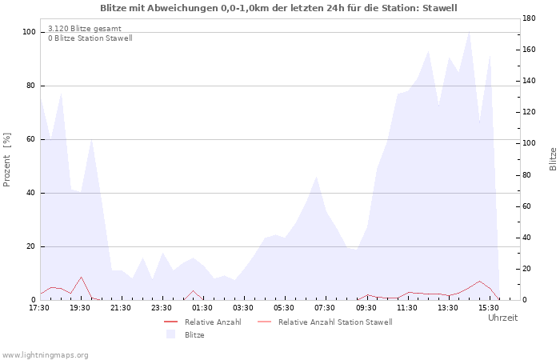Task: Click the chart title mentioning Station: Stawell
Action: coord(278,8)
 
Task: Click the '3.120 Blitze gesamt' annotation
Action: coord(85,29)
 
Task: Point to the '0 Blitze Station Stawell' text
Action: coord(90,38)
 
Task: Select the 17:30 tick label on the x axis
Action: coord(39,308)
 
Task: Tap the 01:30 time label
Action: coord(202,308)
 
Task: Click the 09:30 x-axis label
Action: coord(366,308)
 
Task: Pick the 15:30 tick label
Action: coord(489,308)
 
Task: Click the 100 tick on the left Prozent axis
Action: coord(30,32)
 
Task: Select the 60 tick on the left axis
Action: coord(31,139)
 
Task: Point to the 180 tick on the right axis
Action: coord(530,18)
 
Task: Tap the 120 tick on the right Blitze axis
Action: coord(530,112)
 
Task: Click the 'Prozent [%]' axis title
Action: coord(6,160)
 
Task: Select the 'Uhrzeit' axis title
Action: coord(503,318)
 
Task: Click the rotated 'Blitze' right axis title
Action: coord(553,159)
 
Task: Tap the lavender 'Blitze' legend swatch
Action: coord(170,334)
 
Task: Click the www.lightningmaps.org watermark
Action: coord(45,355)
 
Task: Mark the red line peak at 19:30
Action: coord(81,277)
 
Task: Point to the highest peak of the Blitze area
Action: coord(469,31)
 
